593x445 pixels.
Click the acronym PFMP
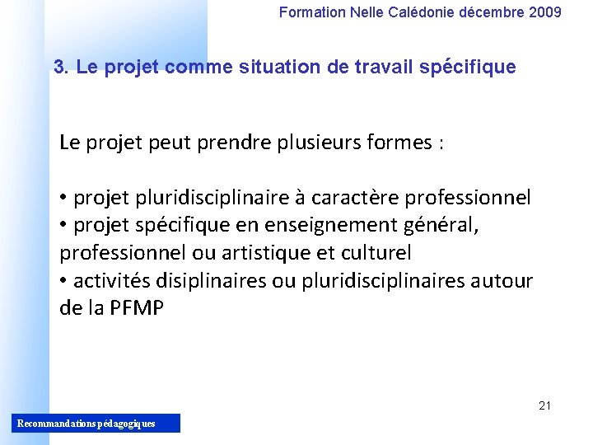point(136,309)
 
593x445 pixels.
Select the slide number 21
point(544,405)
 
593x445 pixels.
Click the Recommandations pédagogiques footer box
point(97,424)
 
